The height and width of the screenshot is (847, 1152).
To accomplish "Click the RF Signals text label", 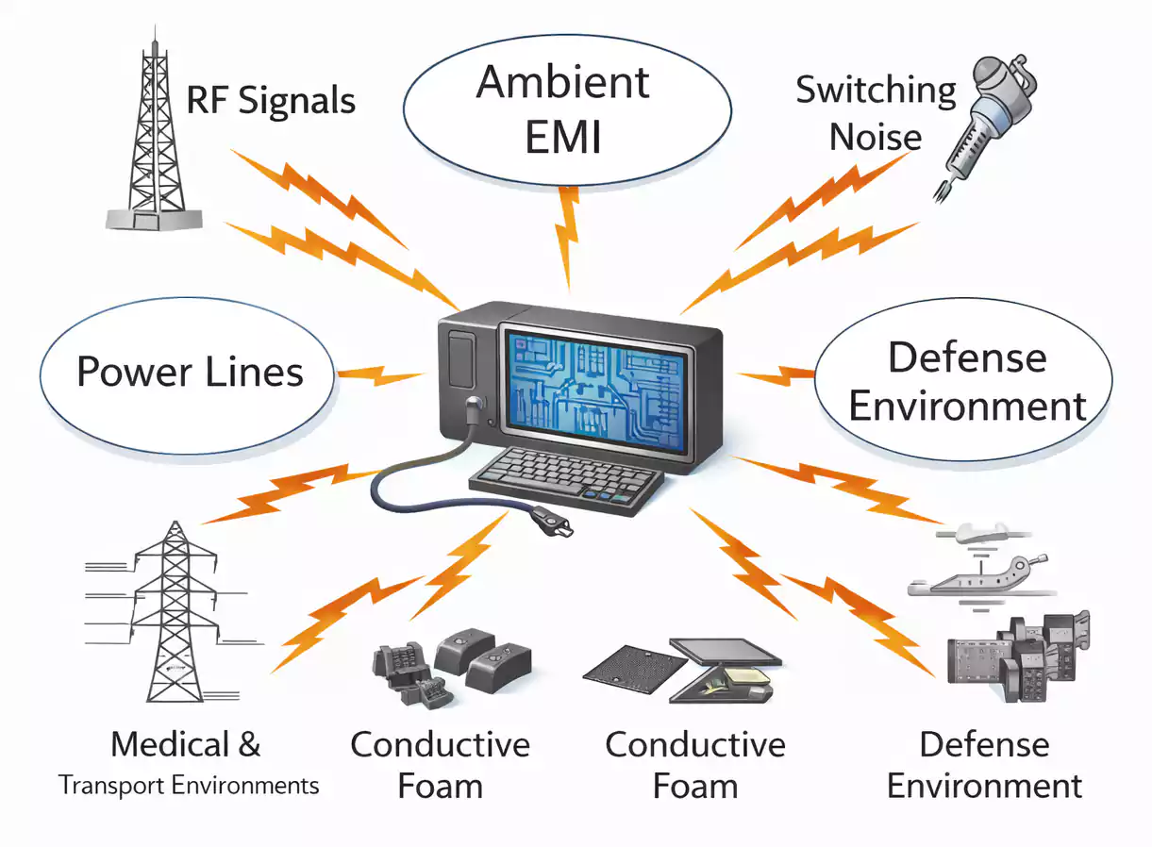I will (x=271, y=100).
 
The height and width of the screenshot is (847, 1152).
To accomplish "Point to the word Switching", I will (x=876, y=91).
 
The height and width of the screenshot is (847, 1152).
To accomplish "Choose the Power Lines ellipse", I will (x=189, y=372).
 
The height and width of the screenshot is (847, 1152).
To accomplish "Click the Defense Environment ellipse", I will (x=967, y=382).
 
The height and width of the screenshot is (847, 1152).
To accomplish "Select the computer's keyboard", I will (x=566, y=475).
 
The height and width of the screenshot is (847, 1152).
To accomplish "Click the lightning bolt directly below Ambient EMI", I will (x=568, y=236).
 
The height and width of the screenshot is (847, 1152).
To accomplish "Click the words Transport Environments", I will (x=189, y=786).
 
